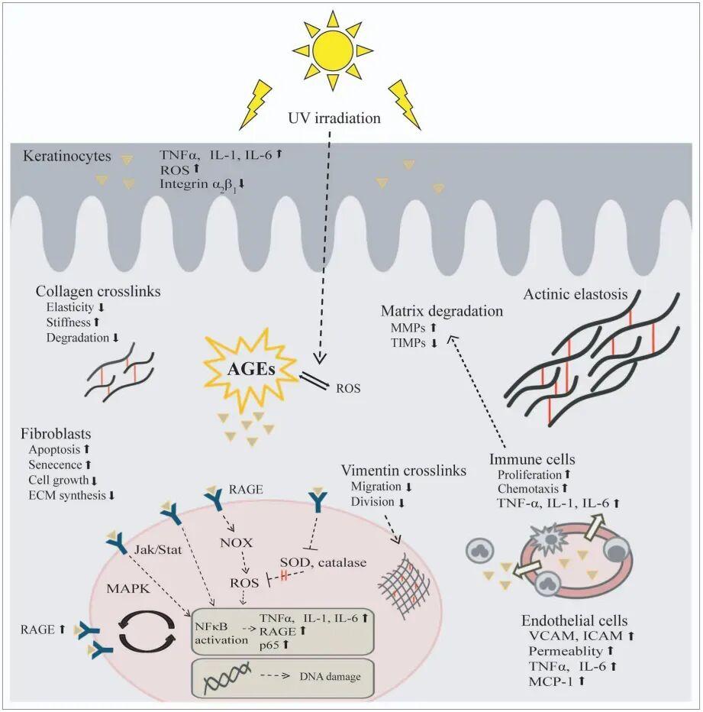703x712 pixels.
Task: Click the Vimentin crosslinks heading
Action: pyautogui.click(x=404, y=471)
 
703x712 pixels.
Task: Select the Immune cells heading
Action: pyautogui.click(x=532, y=460)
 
